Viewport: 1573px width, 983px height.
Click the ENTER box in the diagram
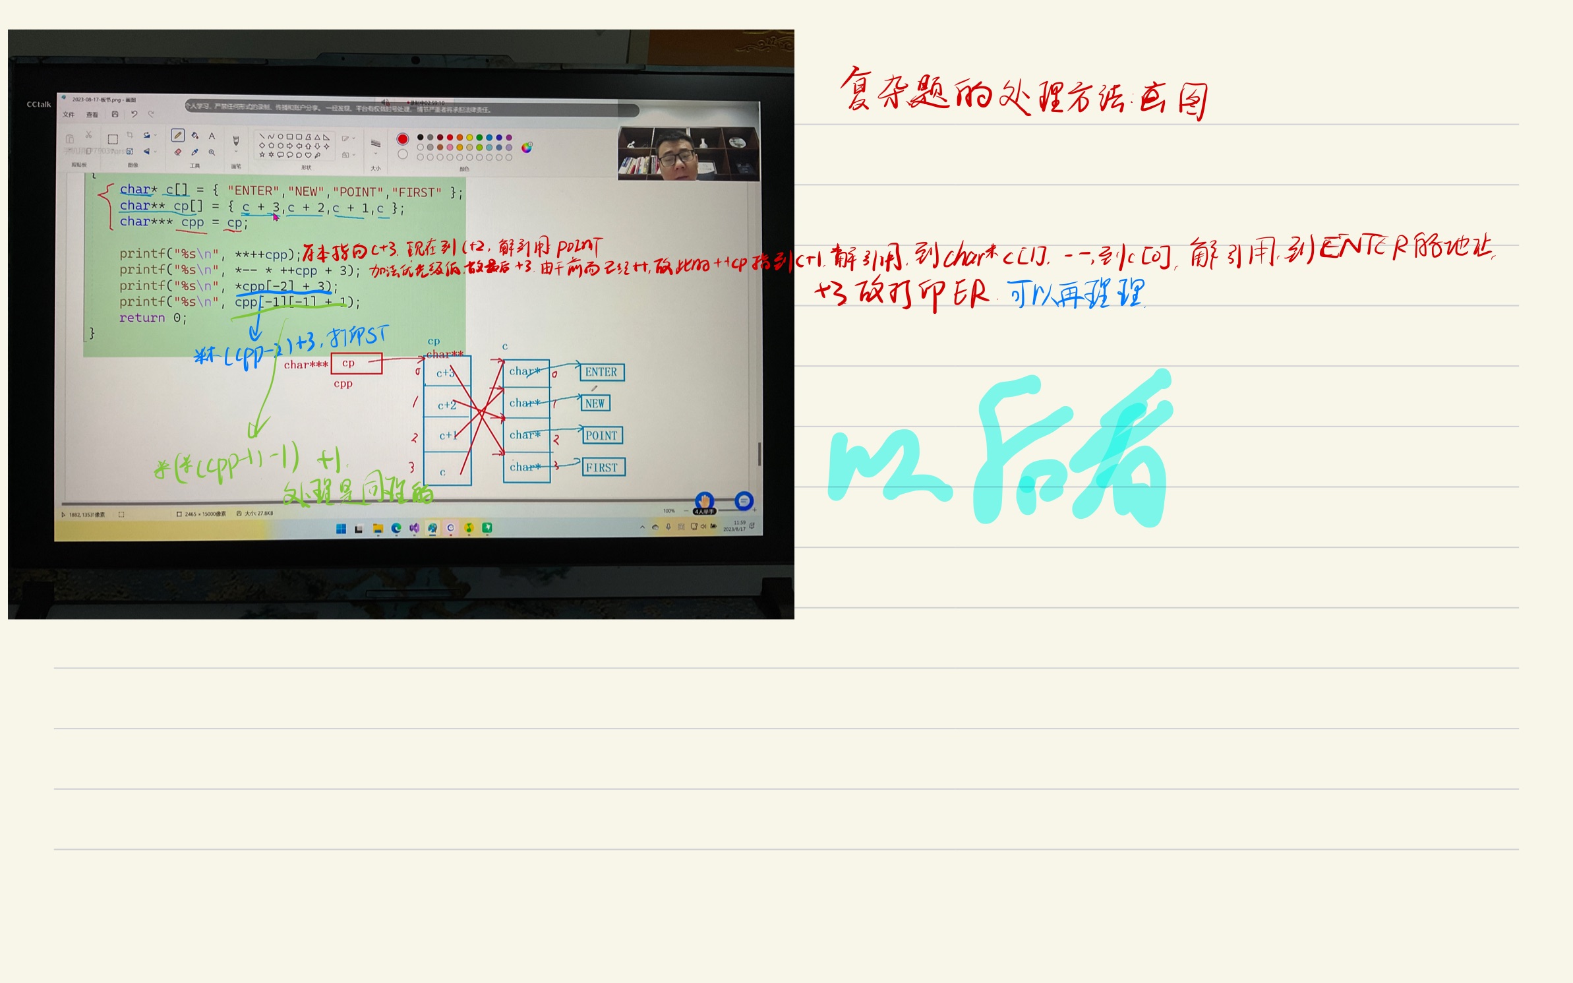pyautogui.click(x=601, y=372)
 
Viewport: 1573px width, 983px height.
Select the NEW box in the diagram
pyautogui.click(x=595, y=403)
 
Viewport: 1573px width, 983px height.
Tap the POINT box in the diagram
pyautogui.click(x=601, y=436)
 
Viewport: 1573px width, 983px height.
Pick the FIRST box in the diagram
pyautogui.click(x=602, y=467)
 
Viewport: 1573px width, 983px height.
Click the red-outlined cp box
pyautogui.click(x=356, y=363)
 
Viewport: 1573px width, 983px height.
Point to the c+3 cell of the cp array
pyautogui.click(x=446, y=373)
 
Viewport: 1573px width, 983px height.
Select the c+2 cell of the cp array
pyautogui.click(x=446, y=405)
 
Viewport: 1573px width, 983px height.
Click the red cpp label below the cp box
pyautogui.click(x=343, y=384)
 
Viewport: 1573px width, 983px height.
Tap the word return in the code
pyautogui.click(x=142, y=318)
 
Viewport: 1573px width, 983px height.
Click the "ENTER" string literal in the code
pyautogui.click(x=253, y=191)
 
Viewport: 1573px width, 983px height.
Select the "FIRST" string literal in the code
pyautogui.click(x=417, y=193)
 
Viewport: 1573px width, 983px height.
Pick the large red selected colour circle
pyautogui.click(x=402, y=139)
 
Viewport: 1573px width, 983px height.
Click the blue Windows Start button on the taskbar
pyautogui.click(x=341, y=528)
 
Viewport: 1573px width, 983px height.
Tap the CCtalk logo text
pyautogui.click(x=38, y=104)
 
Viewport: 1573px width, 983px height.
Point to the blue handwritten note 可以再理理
pyautogui.click(x=1076, y=294)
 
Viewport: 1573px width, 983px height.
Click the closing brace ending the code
pyautogui.click(x=92, y=333)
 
